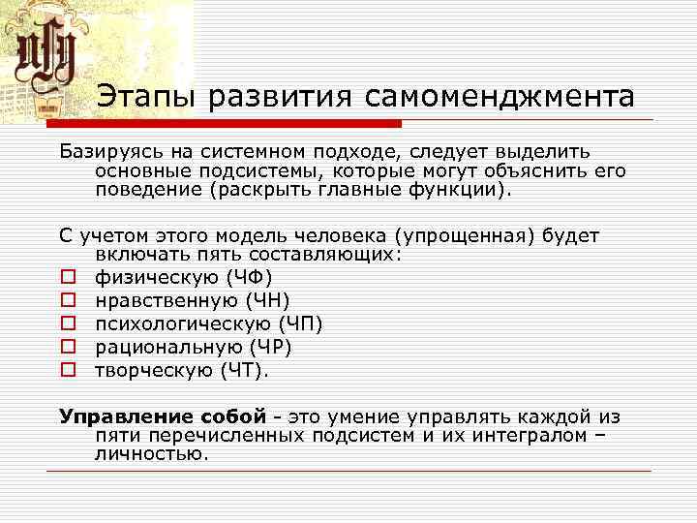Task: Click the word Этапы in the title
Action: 141,97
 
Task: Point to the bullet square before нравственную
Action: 68,302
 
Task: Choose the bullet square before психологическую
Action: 68,324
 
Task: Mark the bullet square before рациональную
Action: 68,347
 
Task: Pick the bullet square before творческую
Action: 68,369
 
